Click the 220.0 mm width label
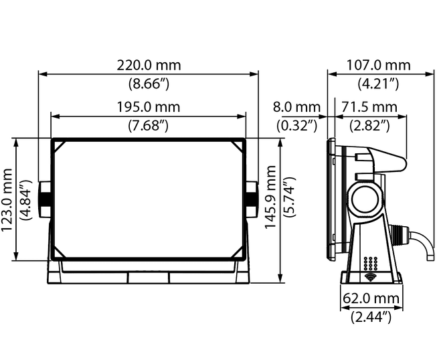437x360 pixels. [x=149, y=65]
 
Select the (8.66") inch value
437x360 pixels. [x=149, y=84]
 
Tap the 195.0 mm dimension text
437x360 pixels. [x=149, y=107]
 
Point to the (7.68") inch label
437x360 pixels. [x=149, y=125]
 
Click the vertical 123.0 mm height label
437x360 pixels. [x=7, y=200]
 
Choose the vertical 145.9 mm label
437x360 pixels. [x=270, y=197]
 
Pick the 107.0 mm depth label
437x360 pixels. [x=378, y=65]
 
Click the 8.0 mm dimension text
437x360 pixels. [x=296, y=107]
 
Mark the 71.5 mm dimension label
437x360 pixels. [x=369, y=107]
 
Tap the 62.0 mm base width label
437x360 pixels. [x=371, y=298]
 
